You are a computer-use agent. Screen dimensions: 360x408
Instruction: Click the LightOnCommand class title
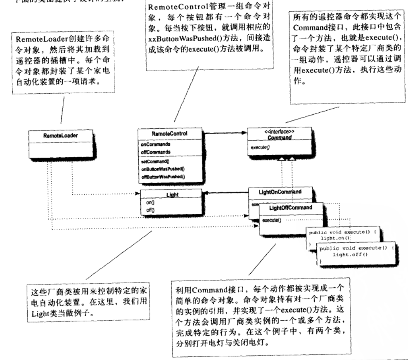pyautogui.click(x=280, y=192)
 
